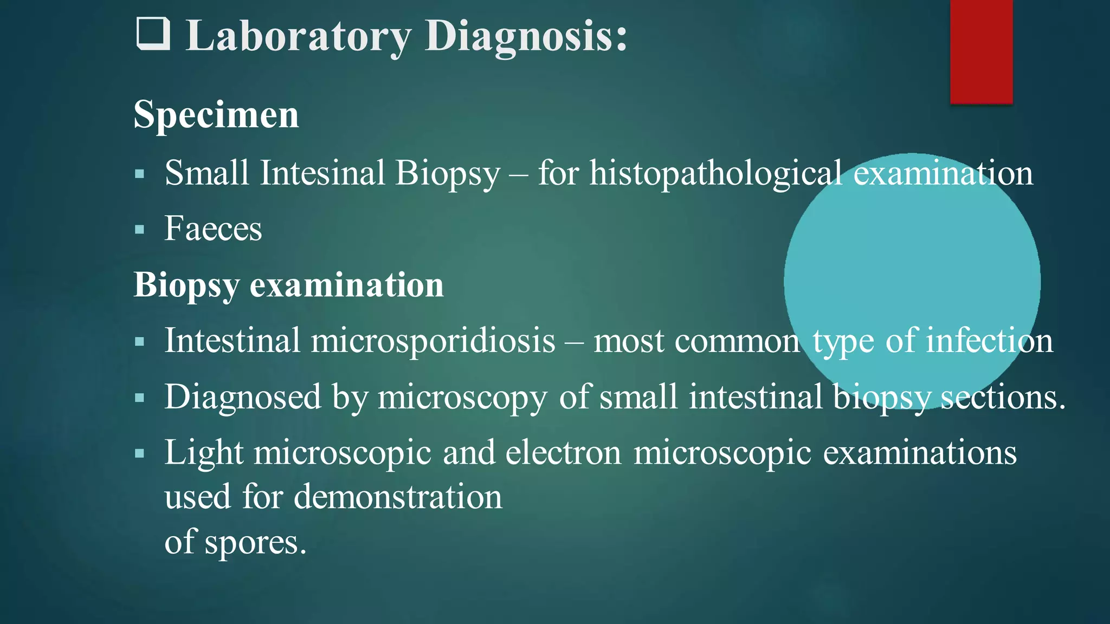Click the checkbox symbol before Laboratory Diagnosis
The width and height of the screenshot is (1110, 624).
(152, 34)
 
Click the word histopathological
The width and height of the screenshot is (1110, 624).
(715, 173)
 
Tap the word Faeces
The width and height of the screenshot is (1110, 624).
(213, 229)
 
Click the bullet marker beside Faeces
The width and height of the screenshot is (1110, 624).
(140, 230)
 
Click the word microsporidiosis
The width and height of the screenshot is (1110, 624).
(433, 341)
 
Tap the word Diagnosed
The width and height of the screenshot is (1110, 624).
(243, 397)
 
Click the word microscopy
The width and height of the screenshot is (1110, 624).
(462, 398)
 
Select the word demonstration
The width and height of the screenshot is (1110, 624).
(398, 496)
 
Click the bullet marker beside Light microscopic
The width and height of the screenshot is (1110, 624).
(140, 453)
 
